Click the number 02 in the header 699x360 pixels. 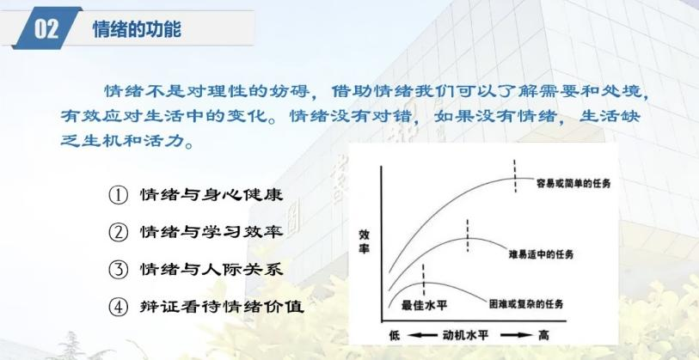(46, 29)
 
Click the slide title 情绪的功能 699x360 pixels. (137, 29)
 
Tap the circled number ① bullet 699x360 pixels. (119, 196)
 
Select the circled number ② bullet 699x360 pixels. (119, 233)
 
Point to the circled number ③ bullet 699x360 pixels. (119, 270)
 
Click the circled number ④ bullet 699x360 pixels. (119, 308)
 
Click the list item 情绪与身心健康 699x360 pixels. (212, 195)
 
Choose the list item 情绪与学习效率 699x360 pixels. (212, 232)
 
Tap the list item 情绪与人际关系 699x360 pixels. (212, 269)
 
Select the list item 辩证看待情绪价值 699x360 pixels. (222, 307)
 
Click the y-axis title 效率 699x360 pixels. (365, 241)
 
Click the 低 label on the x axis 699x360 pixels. (395, 335)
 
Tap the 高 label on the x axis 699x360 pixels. (543, 335)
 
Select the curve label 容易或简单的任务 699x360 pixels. (573, 183)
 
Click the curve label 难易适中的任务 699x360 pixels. (541, 255)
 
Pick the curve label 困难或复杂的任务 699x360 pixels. (526, 304)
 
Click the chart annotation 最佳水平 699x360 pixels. (424, 305)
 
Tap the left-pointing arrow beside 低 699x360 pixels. (422, 335)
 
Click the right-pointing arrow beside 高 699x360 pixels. (517, 335)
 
